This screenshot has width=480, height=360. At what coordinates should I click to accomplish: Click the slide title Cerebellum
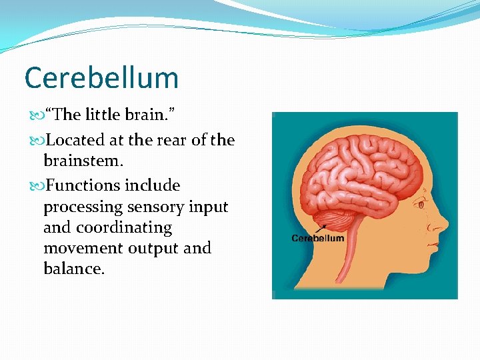tap(101, 78)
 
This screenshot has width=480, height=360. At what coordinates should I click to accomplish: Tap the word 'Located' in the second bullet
tap(75, 140)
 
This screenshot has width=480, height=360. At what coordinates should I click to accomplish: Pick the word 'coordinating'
tap(124, 227)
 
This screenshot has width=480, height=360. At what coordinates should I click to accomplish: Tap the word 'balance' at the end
tap(72, 269)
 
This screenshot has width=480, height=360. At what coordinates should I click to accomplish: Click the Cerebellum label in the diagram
tap(319, 239)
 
